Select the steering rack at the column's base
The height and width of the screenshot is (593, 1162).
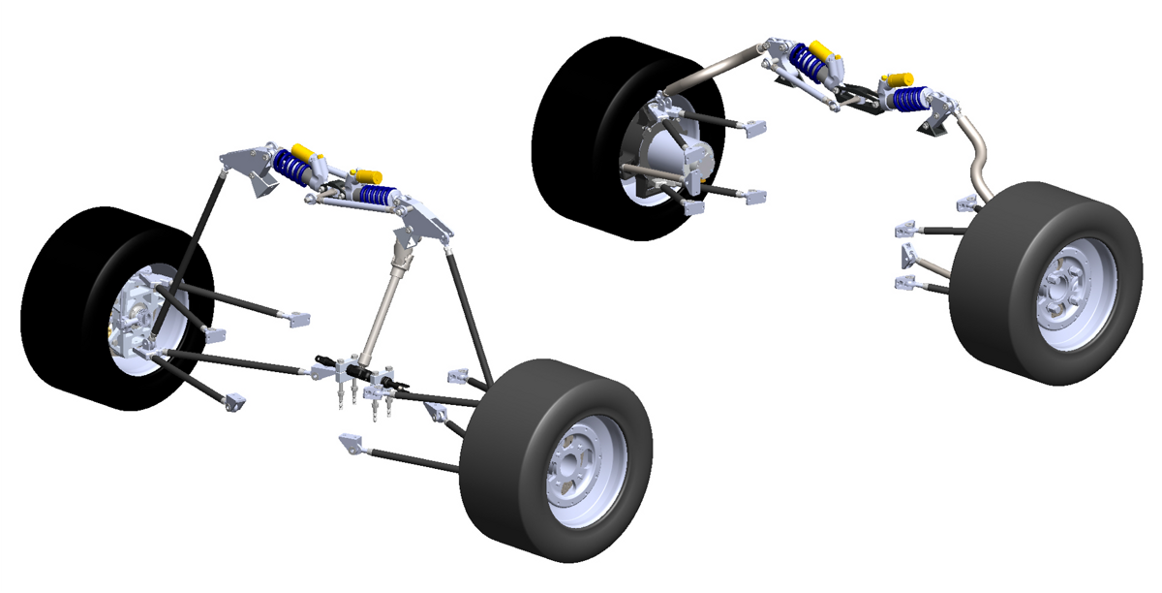point(360,372)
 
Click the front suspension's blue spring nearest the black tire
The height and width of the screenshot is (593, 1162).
point(291,165)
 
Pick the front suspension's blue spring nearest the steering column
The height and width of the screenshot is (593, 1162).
point(378,195)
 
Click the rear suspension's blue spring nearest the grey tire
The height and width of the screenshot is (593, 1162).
point(910,99)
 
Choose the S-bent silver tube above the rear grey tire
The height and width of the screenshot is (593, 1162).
point(979,160)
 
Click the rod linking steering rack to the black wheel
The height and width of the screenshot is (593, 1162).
point(242,363)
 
